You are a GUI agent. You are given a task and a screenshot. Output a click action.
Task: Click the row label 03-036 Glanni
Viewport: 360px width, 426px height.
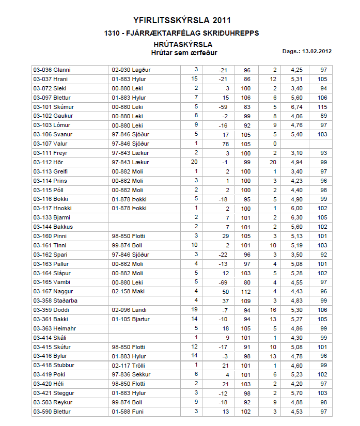(x=52, y=70)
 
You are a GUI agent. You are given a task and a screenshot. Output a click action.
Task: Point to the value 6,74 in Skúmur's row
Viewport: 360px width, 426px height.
(x=296, y=107)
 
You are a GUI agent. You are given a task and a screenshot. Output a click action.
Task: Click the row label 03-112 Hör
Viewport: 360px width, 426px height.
(x=48, y=163)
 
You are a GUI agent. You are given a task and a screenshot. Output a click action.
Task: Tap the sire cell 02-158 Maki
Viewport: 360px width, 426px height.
(x=127, y=291)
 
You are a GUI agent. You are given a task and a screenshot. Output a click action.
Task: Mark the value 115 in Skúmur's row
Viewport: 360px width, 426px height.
(x=323, y=107)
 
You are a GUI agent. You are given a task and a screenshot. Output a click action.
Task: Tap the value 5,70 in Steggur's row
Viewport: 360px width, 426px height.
(x=296, y=393)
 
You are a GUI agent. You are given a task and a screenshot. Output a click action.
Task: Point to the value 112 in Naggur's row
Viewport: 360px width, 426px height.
(x=246, y=291)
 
